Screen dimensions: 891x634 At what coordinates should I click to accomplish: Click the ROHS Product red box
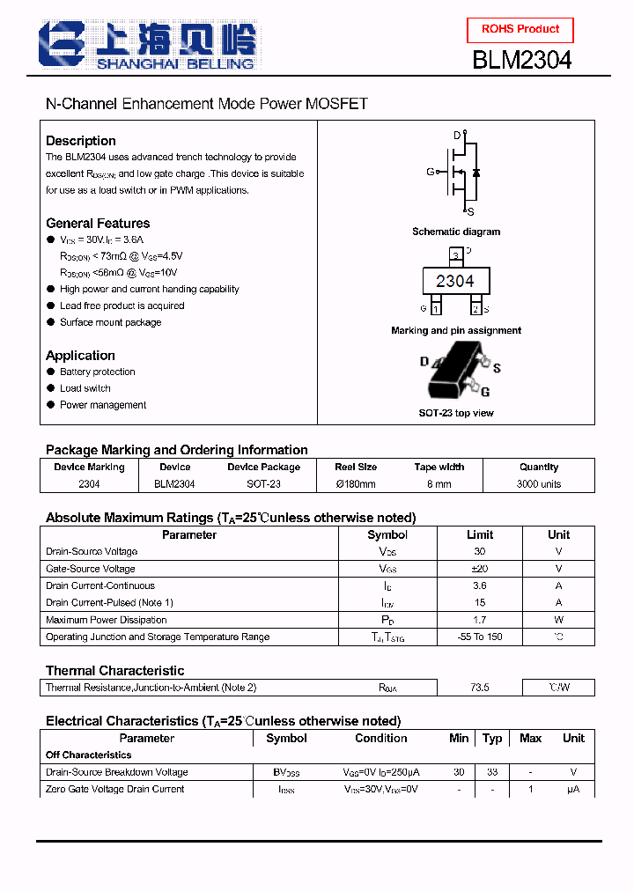click(520, 29)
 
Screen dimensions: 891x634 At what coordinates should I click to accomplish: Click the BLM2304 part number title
click(522, 60)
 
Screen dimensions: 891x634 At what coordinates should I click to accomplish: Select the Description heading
click(81, 141)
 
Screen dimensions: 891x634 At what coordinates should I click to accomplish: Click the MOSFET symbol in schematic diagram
click(461, 173)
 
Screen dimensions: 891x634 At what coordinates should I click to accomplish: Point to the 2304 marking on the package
click(454, 281)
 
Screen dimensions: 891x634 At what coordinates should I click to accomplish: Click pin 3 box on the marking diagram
click(455, 255)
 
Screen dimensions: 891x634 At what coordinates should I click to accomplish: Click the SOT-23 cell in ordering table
click(263, 484)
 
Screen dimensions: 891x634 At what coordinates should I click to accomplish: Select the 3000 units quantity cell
click(539, 484)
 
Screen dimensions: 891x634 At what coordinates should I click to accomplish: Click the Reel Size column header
click(356, 468)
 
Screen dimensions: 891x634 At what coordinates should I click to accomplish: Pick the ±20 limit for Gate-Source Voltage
click(480, 569)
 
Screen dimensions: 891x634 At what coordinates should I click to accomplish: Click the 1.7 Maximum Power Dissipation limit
click(480, 620)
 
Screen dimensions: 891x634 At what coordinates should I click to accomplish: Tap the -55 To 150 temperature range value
click(480, 637)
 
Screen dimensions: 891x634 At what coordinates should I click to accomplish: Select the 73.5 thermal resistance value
click(480, 688)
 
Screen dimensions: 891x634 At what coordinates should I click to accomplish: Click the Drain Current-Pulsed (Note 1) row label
click(109, 603)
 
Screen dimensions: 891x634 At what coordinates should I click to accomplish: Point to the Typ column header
click(492, 739)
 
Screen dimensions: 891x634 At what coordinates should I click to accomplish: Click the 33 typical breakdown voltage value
click(492, 772)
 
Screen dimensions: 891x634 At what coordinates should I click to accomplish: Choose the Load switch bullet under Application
click(85, 388)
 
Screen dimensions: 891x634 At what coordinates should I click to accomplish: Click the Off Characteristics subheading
click(89, 755)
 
